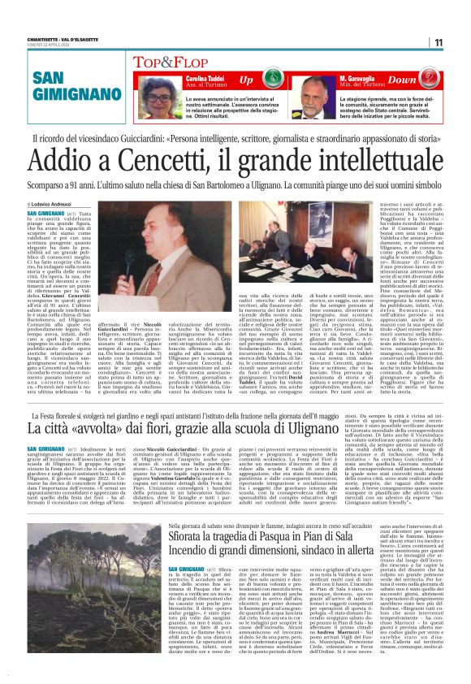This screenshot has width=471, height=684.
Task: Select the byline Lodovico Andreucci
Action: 52,204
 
